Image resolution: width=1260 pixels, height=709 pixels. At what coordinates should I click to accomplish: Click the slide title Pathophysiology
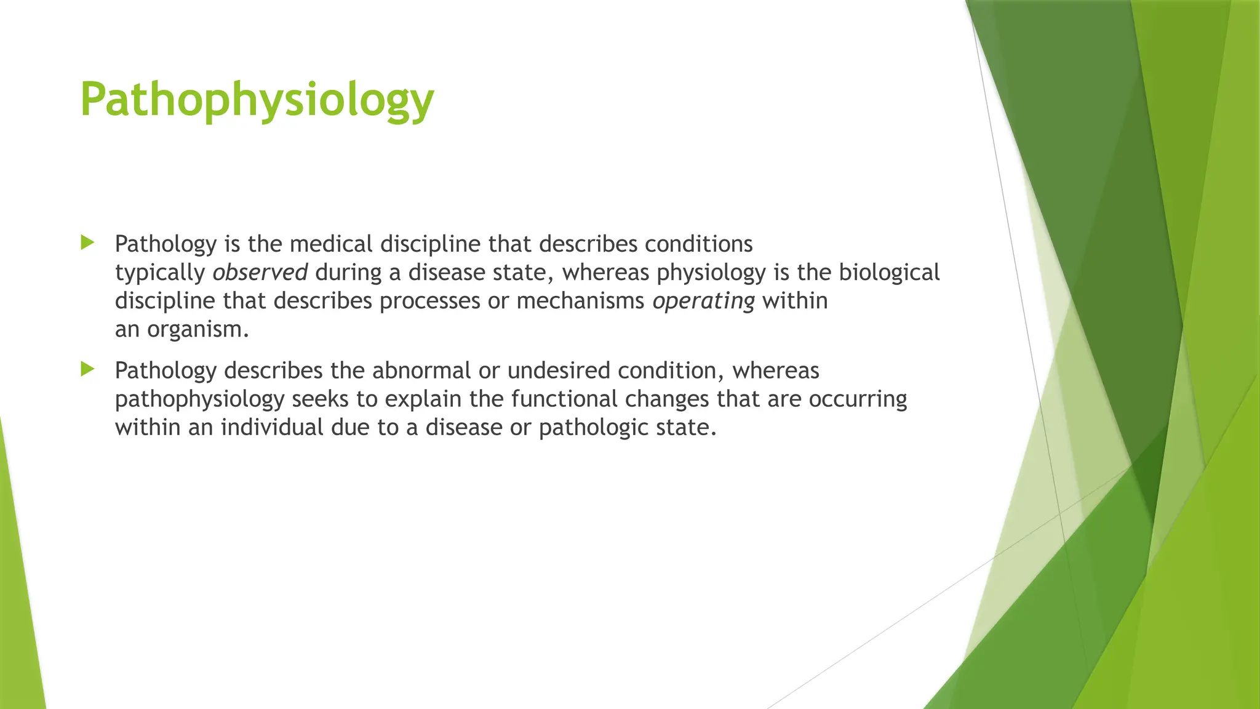click(x=257, y=100)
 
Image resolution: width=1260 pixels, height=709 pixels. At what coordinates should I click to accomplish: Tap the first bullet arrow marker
click(x=87, y=242)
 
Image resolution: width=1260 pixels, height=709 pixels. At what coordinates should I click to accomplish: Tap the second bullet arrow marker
click(x=87, y=369)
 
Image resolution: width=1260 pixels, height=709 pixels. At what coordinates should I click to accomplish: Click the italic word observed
click(x=260, y=272)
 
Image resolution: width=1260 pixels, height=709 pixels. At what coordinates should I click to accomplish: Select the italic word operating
click(x=703, y=301)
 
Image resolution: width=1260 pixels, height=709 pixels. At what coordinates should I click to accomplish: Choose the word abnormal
click(x=421, y=371)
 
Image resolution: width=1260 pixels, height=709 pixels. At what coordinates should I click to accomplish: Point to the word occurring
click(x=858, y=399)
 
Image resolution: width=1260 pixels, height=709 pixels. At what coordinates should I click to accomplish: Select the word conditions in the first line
click(x=698, y=244)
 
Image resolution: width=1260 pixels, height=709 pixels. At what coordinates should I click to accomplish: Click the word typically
click(x=160, y=273)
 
